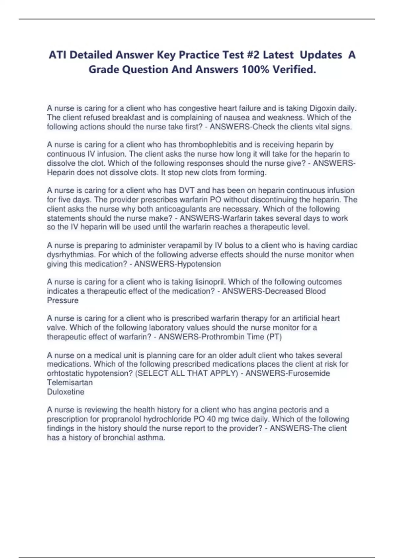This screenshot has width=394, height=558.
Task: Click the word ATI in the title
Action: click(58, 55)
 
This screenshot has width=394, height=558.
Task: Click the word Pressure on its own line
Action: click(63, 300)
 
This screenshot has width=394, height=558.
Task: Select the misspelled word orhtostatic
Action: click(65, 374)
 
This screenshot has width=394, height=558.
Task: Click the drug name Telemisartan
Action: click(70, 383)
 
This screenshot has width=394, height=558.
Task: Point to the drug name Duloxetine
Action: click(66, 392)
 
